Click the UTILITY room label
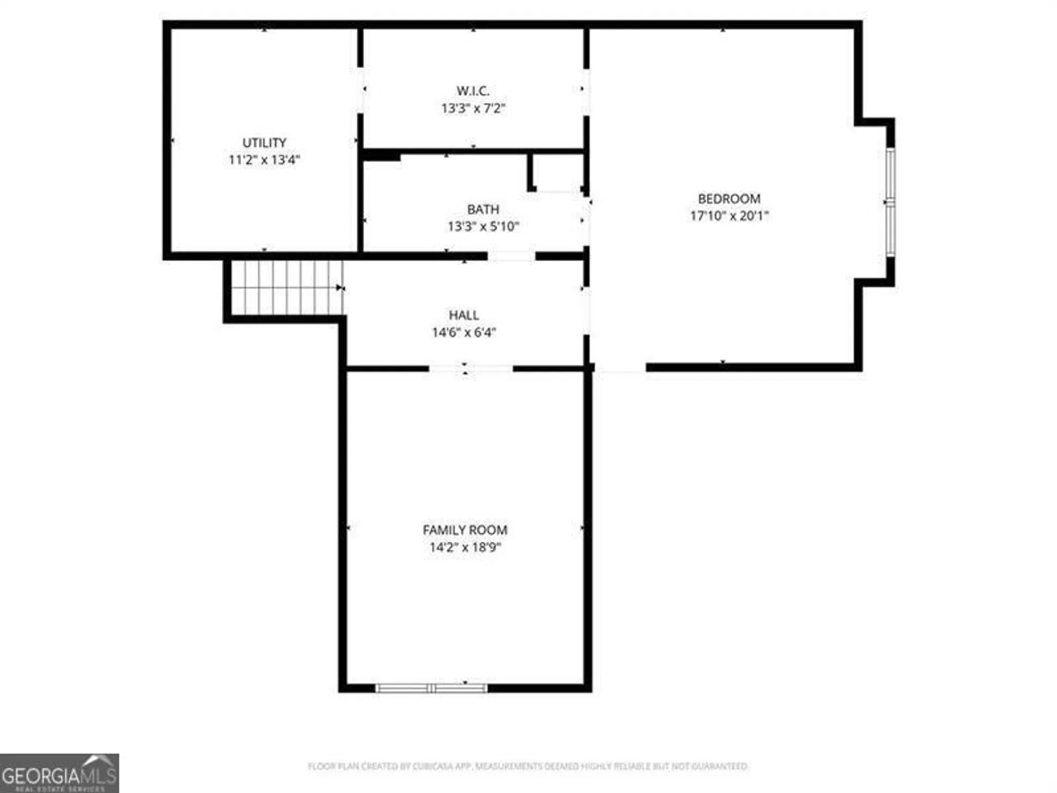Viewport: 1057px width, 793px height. click(x=264, y=143)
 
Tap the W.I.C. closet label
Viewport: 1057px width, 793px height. click(x=473, y=91)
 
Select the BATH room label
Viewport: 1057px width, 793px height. click(x=483, y=209)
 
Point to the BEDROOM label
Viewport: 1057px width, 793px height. click(x=729, y=199)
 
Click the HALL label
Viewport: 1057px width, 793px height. click(x=464, y=315)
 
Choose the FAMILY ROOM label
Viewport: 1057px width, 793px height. click(x=465, y=530)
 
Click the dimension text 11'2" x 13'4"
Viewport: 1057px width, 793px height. click(x=264, y=160)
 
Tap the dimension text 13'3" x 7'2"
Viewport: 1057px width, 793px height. click(x=473, y=108)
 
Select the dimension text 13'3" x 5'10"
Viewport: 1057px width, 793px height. click(x=483, y=227)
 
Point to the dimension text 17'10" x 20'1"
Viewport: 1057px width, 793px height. click(x=729, y=216)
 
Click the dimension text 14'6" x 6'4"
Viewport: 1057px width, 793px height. click(x=464, y=333)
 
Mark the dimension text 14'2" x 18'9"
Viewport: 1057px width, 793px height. click(x=465, y=547)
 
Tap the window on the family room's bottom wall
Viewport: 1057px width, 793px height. click(x=431, y=688)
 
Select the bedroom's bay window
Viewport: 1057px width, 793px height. click(x=891, y=202)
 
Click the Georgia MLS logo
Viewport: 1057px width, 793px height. click(x=59, y=773)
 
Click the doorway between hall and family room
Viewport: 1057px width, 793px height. click(x=470, y=368)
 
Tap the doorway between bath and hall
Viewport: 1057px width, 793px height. click(x=511, y=256)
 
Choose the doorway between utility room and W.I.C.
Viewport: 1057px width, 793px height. click(x=360, y=90)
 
